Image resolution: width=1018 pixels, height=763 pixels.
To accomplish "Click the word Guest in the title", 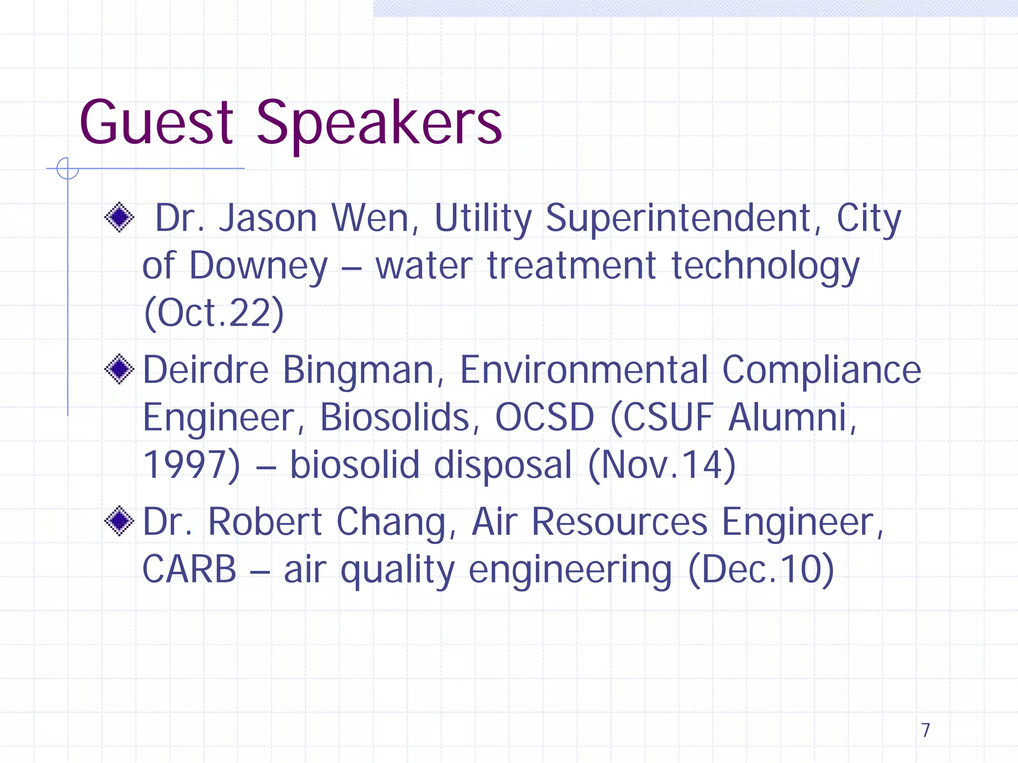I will (156, 123).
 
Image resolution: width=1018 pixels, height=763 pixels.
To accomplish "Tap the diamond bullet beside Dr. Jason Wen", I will (119, 217).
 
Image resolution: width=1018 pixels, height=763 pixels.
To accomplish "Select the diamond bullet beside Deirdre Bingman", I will (119, 369).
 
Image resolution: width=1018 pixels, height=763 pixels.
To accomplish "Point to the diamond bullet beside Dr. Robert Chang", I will (119, 521).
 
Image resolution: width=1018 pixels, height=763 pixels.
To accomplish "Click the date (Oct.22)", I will (214, 313).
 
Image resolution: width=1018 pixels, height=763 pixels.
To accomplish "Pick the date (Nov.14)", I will (662, 465).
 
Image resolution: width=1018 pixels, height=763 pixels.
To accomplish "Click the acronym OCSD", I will (545, 417).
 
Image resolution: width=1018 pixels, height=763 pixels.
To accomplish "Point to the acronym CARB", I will (189, 569).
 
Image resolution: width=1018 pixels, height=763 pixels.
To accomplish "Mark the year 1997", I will (186, 465).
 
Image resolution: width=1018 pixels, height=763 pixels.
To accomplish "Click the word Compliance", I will (821, 371).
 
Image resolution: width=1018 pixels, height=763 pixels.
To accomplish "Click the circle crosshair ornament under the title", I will (68, 168).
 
